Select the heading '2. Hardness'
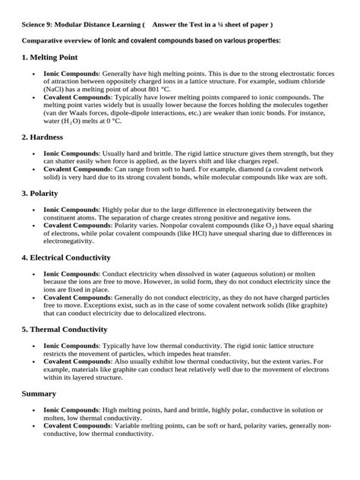coord(46,137)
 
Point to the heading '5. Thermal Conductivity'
coord(64,329)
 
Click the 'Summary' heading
coord(39,393)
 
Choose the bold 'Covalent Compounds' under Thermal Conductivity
coord(78,361)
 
